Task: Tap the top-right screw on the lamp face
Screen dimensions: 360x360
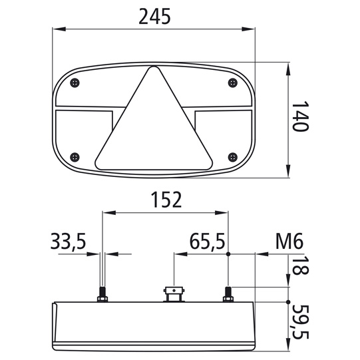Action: [x=232, y=83]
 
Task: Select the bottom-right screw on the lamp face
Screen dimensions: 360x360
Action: [x=232, y=156]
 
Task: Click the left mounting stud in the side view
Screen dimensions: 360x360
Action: [x=102, y=293]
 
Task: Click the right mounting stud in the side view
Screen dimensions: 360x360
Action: [x=228, y=293]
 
